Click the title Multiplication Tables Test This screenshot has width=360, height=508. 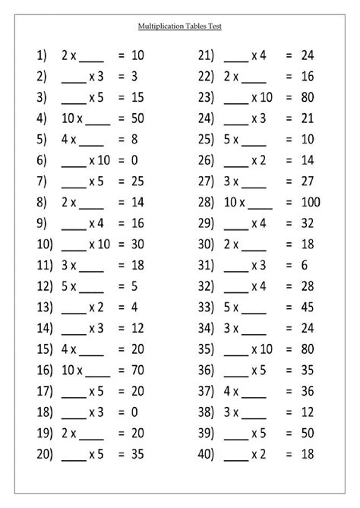[180, 25]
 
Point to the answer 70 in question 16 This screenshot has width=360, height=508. [137, 373]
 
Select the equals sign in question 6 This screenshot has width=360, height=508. [121, 161]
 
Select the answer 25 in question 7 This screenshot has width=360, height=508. [137, 182]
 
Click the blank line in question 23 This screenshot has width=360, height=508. [237, 98]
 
